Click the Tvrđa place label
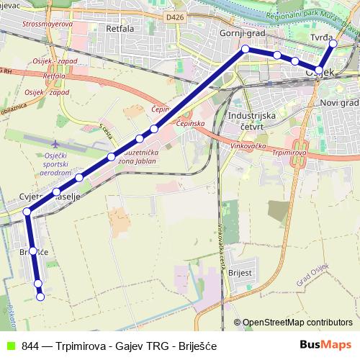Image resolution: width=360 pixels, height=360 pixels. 322,36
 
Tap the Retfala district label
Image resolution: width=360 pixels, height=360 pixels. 120,30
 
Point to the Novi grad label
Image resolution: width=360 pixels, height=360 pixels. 338,103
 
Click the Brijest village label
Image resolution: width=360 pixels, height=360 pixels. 240,274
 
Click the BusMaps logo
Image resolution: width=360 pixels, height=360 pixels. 325,346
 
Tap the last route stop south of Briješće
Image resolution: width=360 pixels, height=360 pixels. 40,297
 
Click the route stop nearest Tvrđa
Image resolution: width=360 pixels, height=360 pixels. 333,44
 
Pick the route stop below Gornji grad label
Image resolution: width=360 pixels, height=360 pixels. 246,49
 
